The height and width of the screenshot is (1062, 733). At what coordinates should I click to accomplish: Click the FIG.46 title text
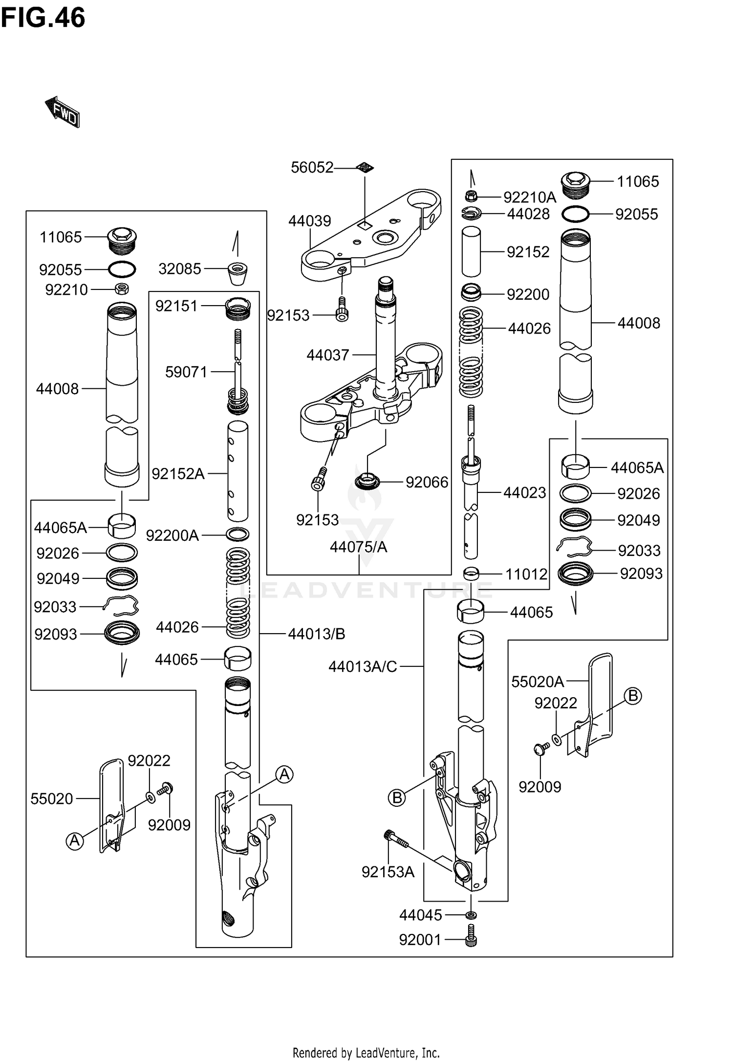[x=43, y=18]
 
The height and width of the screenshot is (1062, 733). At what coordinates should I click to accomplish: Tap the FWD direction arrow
[x=63, y=112]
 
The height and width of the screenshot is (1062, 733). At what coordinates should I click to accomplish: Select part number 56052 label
[x=312, y=168]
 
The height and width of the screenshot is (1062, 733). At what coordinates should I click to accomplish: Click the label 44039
[x=309, y=221]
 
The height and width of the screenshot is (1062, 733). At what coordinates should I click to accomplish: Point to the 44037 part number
[x=327, y=355]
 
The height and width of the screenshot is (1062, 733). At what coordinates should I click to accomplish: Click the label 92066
[x=427, y=483]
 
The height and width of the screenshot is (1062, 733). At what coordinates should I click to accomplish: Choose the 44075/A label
[x=358, y=547]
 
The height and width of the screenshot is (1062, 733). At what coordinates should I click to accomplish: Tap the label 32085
[x=179, y=269]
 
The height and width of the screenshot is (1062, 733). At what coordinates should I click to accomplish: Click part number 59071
[x=186, y=372]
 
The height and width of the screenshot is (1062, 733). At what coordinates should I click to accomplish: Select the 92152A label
[x=178, y=474]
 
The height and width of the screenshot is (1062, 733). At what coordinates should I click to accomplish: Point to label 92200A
[x=172, y=536]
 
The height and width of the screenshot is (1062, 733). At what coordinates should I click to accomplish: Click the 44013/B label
[x=316, y=634]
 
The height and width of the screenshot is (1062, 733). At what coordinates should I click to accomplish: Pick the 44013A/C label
[x=363, y=666]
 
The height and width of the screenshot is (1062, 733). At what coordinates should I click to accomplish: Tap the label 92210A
[x=530, y=198]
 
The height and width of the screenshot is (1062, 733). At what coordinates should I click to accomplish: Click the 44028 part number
[x=528, y=214]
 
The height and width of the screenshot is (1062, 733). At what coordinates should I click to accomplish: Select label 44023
[x=524, y=493]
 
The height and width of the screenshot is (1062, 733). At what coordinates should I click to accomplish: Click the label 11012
[x=526, y=574]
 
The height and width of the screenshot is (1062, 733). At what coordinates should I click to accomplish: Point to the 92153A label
[x=388, y=872]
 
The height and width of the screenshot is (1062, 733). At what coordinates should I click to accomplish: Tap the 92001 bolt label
[x=420, y=940]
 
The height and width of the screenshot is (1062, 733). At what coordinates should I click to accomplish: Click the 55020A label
[x=538, y=682]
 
